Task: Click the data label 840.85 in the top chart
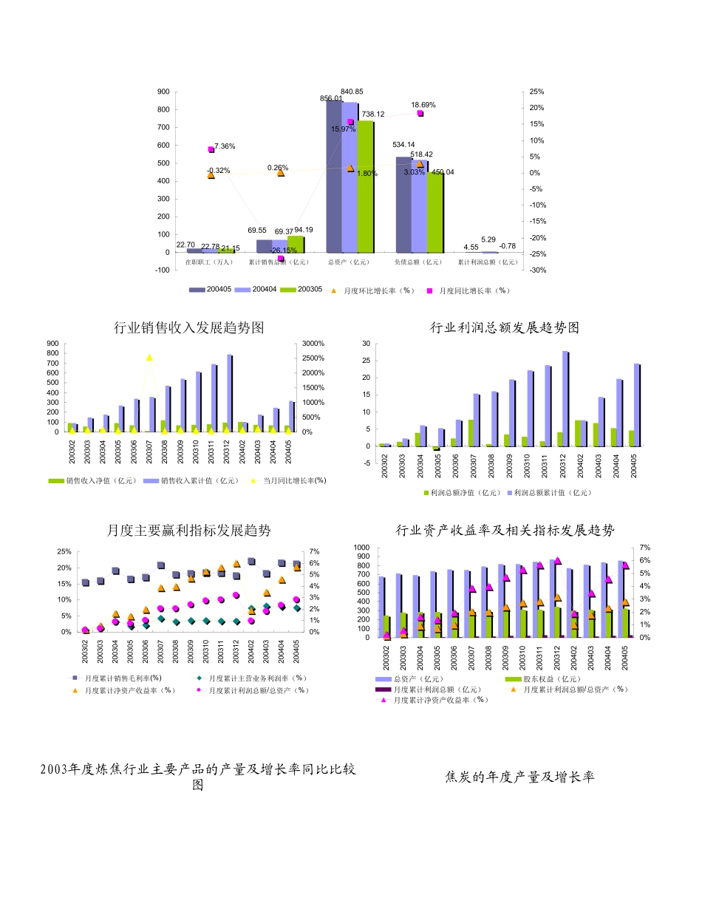coord(352,92)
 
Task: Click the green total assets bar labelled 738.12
coord(365,185)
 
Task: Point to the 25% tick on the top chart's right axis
coord(537,92)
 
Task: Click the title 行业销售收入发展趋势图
coord(189,327)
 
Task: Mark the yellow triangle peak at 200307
coord(149,358)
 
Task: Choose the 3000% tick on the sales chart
coord(313,344)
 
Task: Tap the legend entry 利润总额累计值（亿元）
coord(553,492)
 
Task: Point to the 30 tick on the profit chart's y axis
coord(366,344)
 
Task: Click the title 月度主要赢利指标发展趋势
coord(189,531)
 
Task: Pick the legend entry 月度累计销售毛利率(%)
coord(117,678)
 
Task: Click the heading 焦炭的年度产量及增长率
coord(520,777)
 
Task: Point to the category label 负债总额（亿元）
coord(418,262)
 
